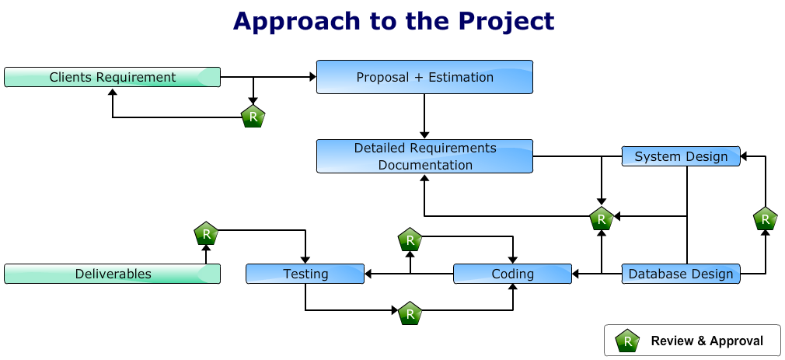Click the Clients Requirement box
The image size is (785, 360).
coord(112,77)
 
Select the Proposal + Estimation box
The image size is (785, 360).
coord(424,77)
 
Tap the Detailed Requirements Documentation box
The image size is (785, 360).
coord(424,156)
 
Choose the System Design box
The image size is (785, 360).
coord(681,156)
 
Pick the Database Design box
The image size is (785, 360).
coord(681,274)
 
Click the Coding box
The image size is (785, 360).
coord(513,274)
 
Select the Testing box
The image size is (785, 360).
coord(305,274)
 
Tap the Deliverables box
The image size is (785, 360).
coord(112,274)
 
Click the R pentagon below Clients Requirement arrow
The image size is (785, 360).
coord(253,116)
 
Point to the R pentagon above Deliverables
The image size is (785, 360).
coord(206,232)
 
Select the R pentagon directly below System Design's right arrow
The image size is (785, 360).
coord(766,218)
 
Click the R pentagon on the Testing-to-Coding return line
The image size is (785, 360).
coord(410,313)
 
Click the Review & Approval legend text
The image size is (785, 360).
coord(707,341)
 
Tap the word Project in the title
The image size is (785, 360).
coord(506,21)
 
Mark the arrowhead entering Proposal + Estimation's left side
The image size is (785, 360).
coord(313,77)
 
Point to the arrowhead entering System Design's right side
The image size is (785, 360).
coord(744,156)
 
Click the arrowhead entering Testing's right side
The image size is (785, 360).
coord(368,274)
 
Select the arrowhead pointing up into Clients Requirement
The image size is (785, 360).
coord(113,92)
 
